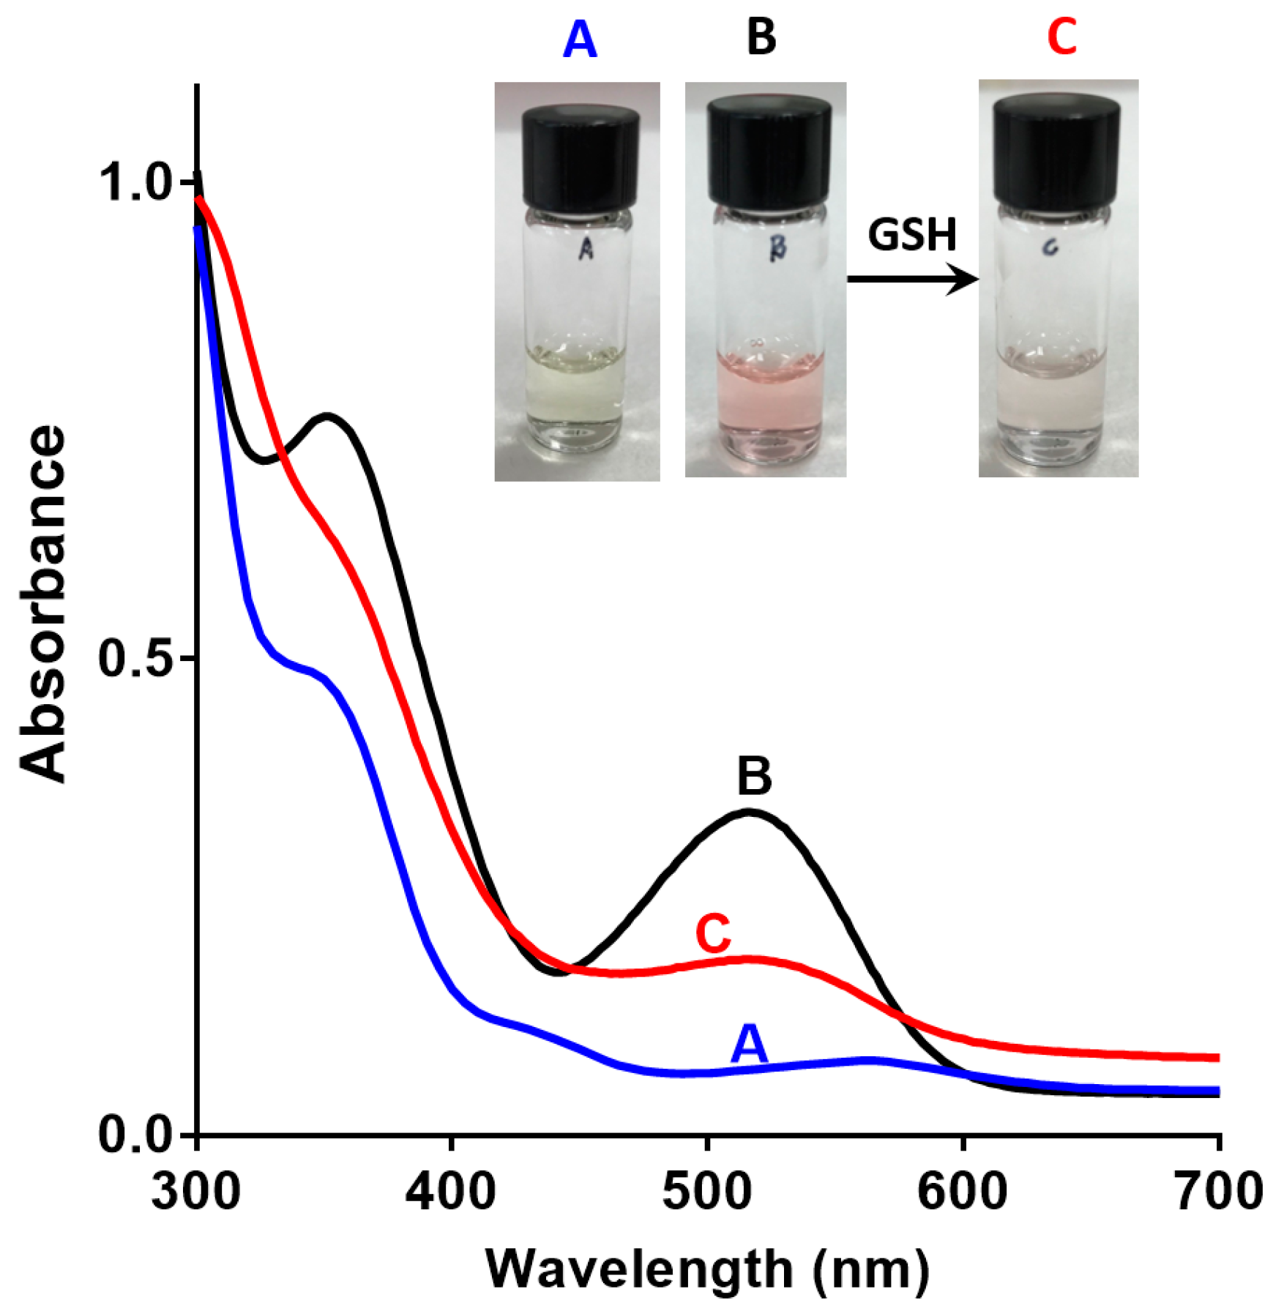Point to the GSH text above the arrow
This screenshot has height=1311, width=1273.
coord(912,235)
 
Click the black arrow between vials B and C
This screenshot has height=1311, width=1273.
coord(912,279)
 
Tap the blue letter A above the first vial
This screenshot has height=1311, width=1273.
coord(580,40)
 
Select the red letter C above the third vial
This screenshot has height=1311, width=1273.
coord(1061,37)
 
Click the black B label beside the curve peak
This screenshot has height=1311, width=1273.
coord(754,776)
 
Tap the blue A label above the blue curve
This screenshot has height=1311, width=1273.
coord(749,1043)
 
